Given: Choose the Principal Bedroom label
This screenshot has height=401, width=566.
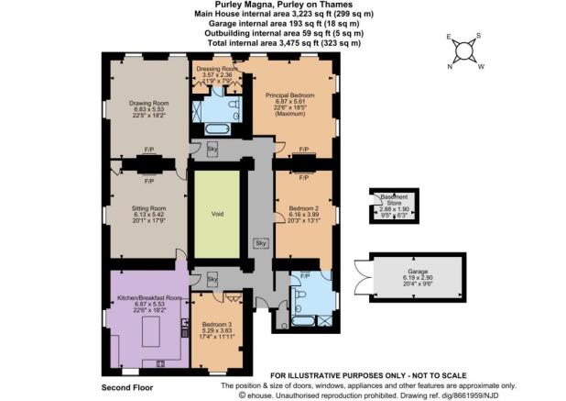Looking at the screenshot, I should point(289,95).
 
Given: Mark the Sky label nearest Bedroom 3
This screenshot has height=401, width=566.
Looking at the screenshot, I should point(212,278).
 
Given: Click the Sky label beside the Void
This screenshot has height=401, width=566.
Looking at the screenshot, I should point(260,243).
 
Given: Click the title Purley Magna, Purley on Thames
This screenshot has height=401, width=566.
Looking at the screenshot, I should point(279,5).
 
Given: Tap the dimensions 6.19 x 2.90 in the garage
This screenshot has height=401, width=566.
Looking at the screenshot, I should point(418,280).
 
